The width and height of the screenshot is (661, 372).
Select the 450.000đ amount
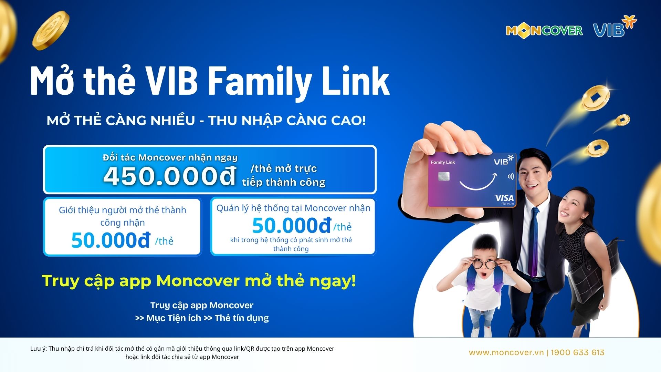click(170, 176)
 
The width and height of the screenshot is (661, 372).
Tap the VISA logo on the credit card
click(504, 198)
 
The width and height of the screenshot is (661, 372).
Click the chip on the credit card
click(444, 177)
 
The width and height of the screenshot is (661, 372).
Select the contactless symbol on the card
click(511, 177)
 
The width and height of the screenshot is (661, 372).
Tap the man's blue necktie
click(533, 241)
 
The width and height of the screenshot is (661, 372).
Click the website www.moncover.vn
click(506, 353)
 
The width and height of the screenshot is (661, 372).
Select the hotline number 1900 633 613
click(578, 352)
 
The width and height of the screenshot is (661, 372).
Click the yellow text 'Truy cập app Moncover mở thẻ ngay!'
click(199, 281)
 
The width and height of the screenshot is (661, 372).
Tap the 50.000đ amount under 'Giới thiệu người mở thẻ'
click(111, 240)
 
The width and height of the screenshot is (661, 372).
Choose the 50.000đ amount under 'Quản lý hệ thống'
click(292, 226)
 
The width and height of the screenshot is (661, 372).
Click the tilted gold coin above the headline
click(51, 30)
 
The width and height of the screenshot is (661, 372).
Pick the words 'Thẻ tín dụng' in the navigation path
click(242, 318)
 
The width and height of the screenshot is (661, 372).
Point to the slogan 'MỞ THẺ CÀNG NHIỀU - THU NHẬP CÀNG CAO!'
click(206, 120)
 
